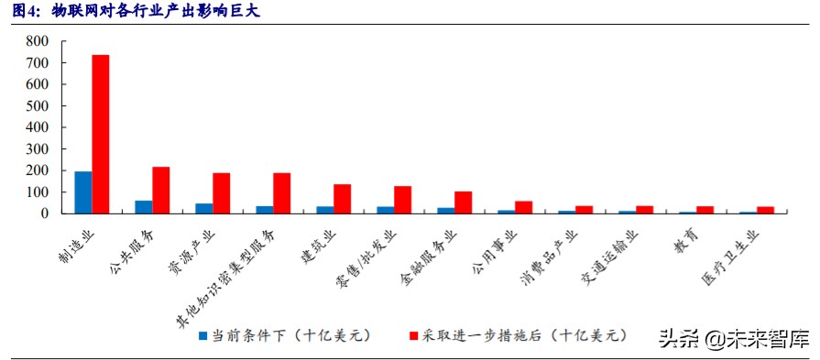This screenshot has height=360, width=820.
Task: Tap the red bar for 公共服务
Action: pos(161,190)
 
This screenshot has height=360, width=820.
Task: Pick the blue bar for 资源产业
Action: pos(203,209)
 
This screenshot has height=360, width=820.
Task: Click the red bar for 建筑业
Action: pos(343,199)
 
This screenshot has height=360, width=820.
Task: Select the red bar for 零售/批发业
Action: pos(403,200)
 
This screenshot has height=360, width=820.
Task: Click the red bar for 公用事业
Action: pos(524,207)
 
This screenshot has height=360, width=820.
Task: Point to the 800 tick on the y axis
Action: pos(38,41)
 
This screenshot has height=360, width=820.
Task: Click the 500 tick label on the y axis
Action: pos(38,105)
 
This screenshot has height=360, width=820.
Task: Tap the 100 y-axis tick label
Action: pos(38,192)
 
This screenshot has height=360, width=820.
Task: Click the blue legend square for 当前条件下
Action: pos(203,336)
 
